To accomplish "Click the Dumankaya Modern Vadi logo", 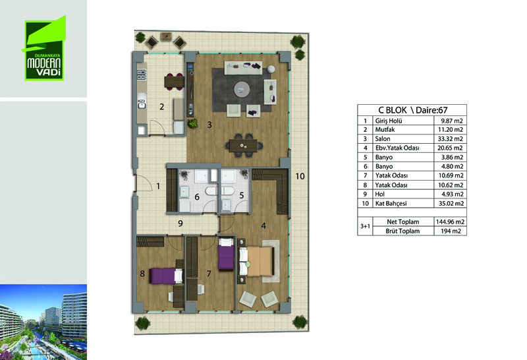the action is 44,48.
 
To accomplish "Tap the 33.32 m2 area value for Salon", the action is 450,138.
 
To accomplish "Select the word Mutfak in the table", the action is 385,129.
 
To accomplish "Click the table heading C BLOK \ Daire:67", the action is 413,110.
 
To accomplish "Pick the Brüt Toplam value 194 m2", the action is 450,231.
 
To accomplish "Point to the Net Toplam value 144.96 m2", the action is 450,222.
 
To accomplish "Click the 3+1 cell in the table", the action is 365,226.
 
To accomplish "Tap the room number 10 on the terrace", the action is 300,176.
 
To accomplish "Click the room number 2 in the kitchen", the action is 161,107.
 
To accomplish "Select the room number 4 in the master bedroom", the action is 263,225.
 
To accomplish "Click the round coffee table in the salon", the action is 242,90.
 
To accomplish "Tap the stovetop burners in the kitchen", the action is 142,75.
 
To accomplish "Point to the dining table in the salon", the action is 244,146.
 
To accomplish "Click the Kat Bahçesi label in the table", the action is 391,204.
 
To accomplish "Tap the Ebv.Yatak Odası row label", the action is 397,148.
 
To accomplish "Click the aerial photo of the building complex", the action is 43,322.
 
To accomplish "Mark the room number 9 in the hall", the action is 180,224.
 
